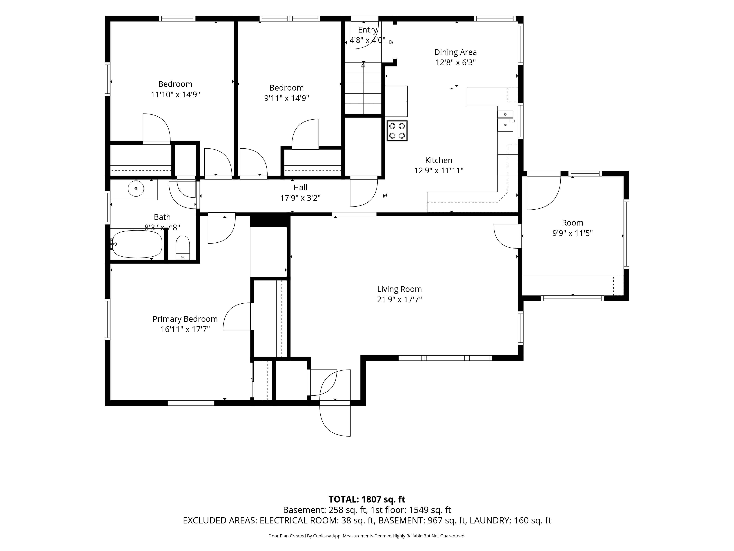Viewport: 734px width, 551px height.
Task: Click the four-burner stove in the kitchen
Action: click(x=397, y=131)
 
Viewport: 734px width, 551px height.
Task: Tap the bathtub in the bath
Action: click(x=137, y=244)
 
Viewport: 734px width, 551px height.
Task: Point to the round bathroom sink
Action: click(x=136, y=188)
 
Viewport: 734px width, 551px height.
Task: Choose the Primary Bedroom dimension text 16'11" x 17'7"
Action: click(x=185, y=329)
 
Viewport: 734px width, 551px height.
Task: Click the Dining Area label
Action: click(x=456, y=52)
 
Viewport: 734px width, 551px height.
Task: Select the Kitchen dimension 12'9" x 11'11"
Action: click(x=439, y=171)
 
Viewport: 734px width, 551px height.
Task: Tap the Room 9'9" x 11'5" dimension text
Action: click(x=572, y=233)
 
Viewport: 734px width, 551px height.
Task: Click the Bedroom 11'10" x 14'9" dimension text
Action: click(x=175, y=95)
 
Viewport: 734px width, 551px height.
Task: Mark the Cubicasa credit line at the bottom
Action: click(x=367, y=536)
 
